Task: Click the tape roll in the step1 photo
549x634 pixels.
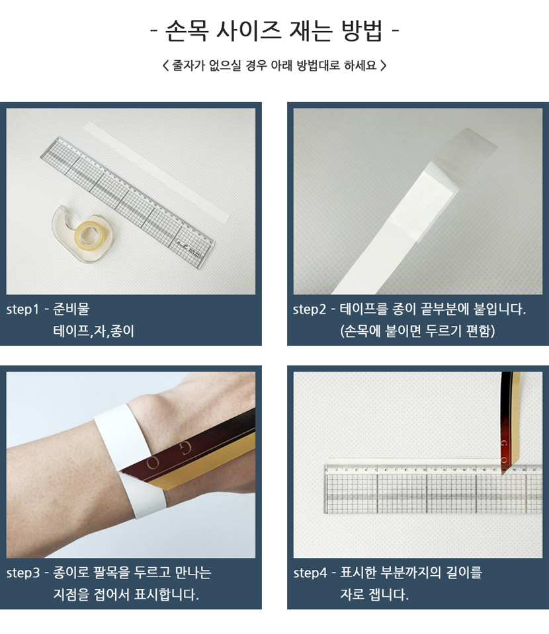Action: pos(83,235)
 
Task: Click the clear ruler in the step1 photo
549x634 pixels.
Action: pos(128,202)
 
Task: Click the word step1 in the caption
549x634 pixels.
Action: pos(22,309)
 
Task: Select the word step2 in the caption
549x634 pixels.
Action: pos(310,309)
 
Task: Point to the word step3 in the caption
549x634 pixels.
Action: pos(23,573)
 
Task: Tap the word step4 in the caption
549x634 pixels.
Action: pos(310,573)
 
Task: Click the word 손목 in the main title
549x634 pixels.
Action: pos(187,30)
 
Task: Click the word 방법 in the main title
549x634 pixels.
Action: pos(361,30)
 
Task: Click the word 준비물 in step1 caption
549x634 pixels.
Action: pos(71,309)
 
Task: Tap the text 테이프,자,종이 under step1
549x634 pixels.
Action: pos(93,331)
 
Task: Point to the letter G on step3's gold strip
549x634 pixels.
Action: pos(185,448)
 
